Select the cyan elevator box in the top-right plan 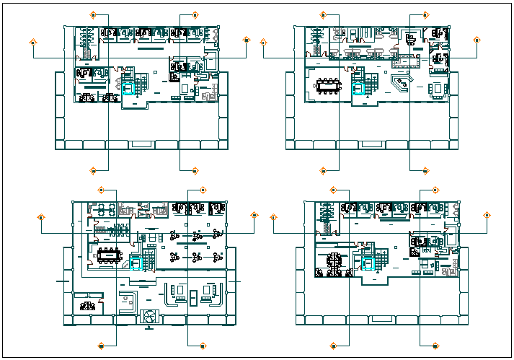[358, 89]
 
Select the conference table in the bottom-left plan [110, 254]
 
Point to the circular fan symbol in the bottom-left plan [149, 316]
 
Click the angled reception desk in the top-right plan [399, 87]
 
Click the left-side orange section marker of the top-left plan [33, 42]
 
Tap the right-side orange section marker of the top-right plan [477, 40]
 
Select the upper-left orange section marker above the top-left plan [93, 14]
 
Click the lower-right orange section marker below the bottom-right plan [435, 345]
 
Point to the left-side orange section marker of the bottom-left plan [42, 216]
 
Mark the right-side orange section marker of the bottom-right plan [487, 215]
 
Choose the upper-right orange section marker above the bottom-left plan [203, 190]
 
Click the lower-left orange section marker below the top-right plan [323, 171]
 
